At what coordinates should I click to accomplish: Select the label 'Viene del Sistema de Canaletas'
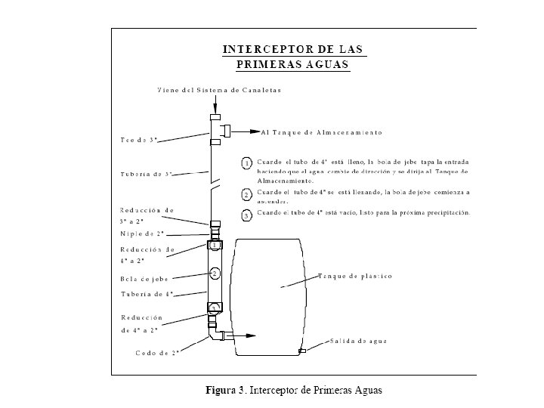[x=219, y=91]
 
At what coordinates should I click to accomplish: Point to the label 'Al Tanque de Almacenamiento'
[x=321, y=132]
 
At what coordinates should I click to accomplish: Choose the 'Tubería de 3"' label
[x=147, y=175]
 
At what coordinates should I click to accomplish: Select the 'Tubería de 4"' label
[x=147, y=294]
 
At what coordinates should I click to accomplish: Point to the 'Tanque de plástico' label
[x=355, y=277]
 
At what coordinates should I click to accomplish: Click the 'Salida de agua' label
[x=358, y=341]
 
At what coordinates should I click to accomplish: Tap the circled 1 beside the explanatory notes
[x=247, y=162]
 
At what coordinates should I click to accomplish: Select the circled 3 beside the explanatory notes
[x=247, y=215]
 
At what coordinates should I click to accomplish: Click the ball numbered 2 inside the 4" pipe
[x=215, y=272]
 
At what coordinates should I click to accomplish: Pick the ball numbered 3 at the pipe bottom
[x=215, y=308]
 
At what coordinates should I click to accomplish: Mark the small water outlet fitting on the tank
[x=302, y=351]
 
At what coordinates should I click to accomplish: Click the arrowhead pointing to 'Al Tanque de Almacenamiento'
[x=255, y=132]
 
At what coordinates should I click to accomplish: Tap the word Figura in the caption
[x=224, y=391]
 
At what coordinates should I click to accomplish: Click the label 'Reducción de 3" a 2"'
[x=147, y=215]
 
